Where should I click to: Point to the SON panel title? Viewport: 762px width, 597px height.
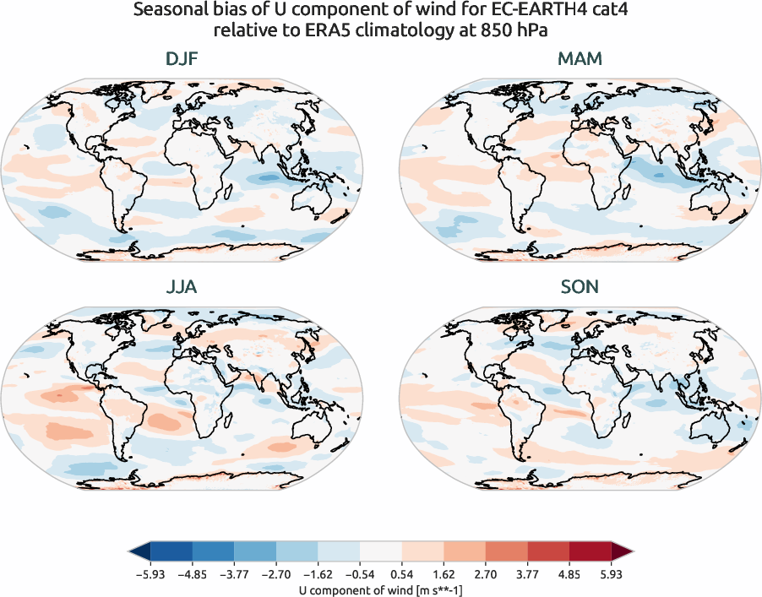[580, 287]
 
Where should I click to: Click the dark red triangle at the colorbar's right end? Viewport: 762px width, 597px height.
[621, 552]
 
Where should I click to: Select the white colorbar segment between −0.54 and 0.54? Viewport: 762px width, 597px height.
[380, 552]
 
